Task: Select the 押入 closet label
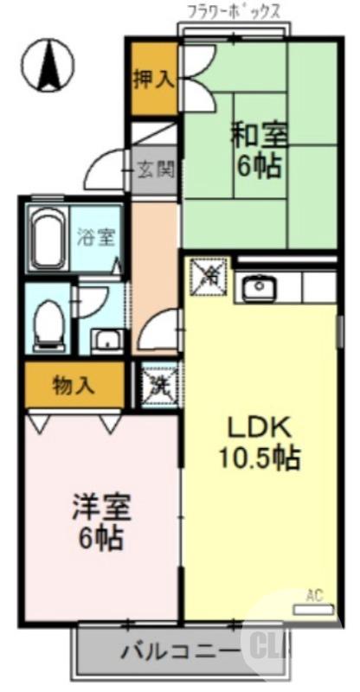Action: pos(153,80)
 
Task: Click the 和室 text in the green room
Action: pos(260,136)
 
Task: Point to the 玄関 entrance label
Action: pos(157,167)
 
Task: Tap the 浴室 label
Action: pos(95,237)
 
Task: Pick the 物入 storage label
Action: pos(74,385)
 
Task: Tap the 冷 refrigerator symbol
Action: pos(208,276)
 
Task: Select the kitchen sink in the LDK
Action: pos(257,287)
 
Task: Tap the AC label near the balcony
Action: pos(315,595)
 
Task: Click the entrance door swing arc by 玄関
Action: pos(103,170)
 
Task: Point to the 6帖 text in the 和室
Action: pos(260,166)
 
